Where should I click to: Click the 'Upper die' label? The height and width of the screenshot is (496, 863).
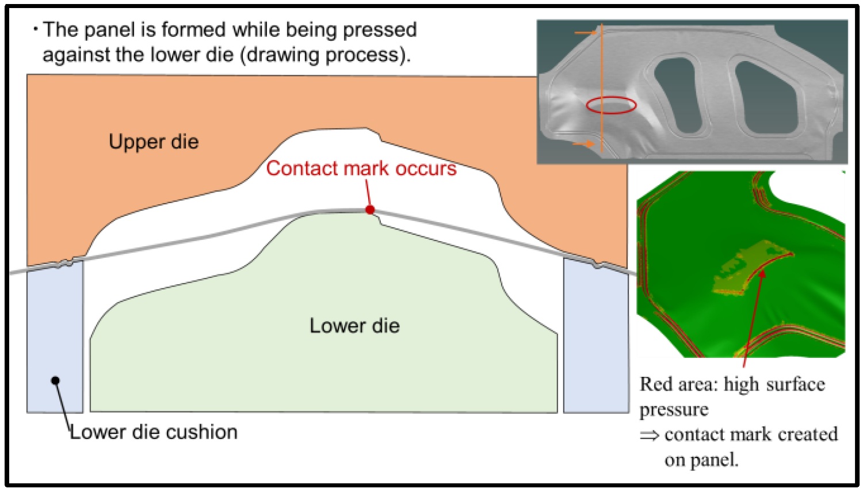tap(154, 142)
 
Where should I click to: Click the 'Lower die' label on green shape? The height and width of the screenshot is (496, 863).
tap(354, 326)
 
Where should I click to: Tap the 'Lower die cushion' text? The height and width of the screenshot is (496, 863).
tap(154, 432)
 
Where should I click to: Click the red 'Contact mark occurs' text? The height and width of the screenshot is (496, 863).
tap(361, 169)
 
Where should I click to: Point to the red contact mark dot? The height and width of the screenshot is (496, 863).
tap(370, 210)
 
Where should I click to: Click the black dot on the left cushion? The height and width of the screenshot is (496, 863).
tap(55, 380)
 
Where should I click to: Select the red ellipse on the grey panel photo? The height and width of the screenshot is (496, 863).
tap(611, 105)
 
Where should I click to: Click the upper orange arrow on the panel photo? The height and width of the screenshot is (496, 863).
tap(587, 33)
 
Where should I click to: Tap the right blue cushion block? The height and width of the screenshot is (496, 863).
tap(595, 339)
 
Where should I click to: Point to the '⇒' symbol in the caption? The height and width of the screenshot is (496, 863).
tap(650, 435)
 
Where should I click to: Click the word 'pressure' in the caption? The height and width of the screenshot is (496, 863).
tap(674, 409)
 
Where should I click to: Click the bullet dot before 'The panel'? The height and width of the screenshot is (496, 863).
tap(36, 29)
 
